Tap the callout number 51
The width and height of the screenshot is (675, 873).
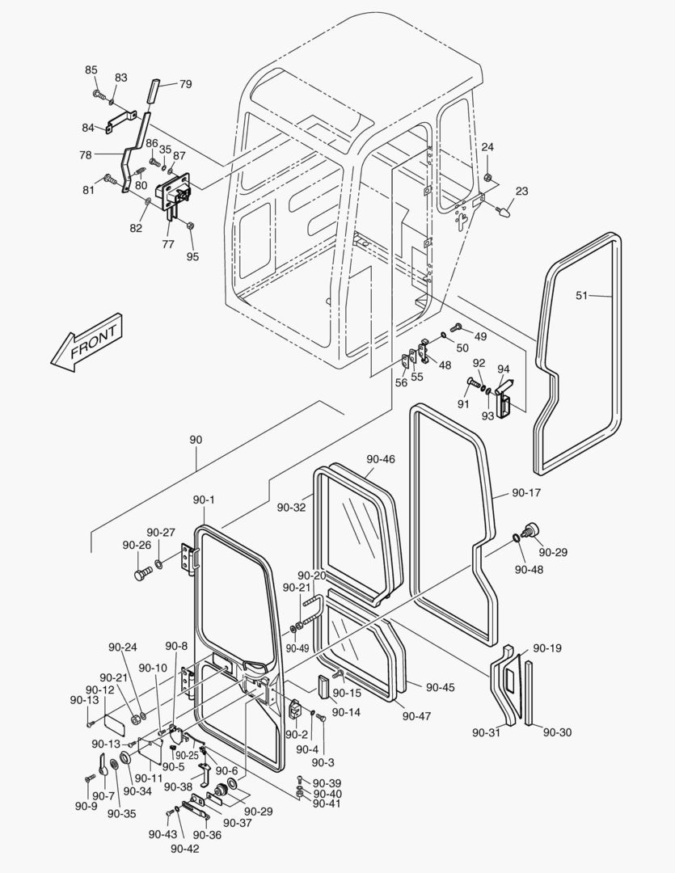tap(582, 295)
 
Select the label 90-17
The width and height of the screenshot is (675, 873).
tap(526, 491)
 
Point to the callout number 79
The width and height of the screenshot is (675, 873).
tap(185, 84)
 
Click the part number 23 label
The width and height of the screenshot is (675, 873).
tap(521, 192)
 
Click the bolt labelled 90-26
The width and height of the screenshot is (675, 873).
tap(142, 575)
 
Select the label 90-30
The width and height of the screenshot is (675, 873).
tap(557, 732)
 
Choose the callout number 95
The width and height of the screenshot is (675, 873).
tap(192, 257)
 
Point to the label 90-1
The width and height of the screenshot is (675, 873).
tap(204, 500)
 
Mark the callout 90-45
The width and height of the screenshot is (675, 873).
tap(441, 687)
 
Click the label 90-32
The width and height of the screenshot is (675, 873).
tap(291, 507)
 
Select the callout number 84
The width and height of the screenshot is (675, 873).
tap(88, 127)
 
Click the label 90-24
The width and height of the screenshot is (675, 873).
tap(124, 647)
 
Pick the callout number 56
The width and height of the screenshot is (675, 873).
tap(401, 383)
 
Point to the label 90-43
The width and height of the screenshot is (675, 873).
tap(162, 834)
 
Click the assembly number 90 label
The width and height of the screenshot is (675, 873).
tap(196, 440)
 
